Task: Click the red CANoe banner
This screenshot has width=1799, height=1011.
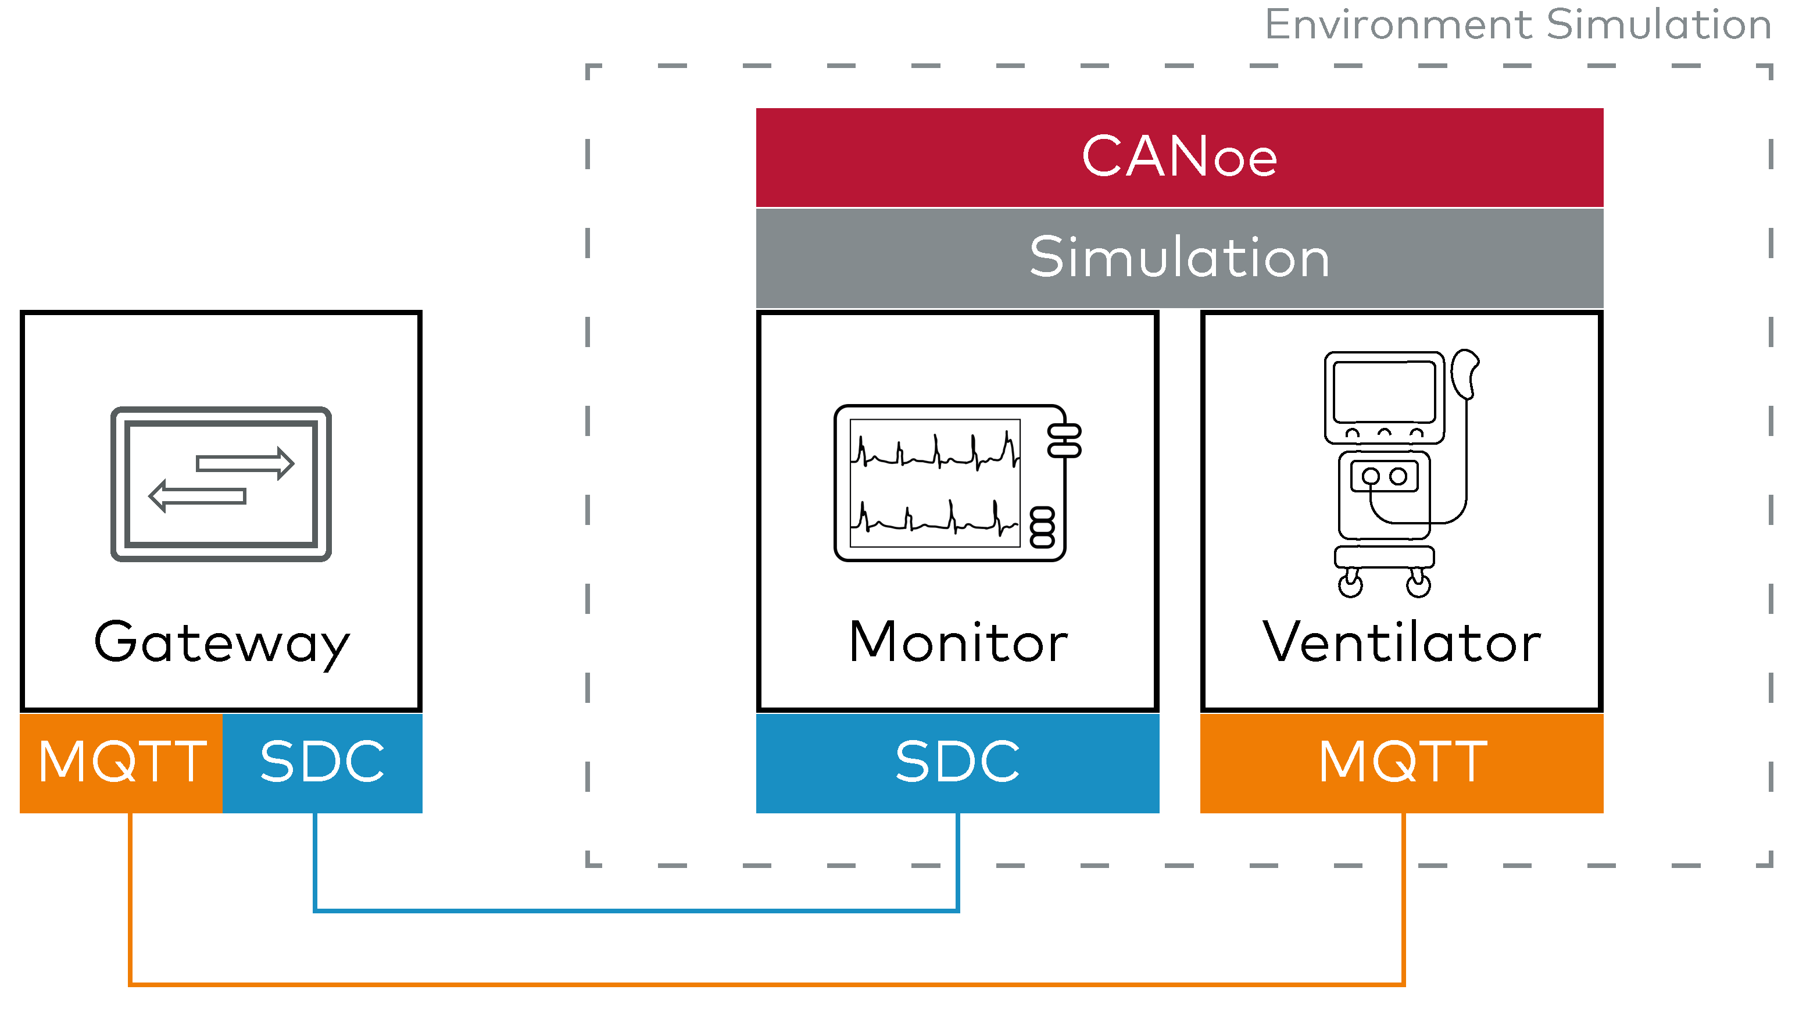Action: pyautogui.click(x=1179, y=156)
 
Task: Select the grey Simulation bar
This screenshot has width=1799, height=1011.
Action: pyautogui.click(x=1179, y=258)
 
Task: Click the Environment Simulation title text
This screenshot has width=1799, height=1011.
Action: pyautogui.click(x=1517, y=25)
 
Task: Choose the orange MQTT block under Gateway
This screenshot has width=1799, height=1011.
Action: pyautogui.click(x=121, y=762)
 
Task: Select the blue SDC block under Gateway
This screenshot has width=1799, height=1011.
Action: pyautogui.click(x=322, y=762)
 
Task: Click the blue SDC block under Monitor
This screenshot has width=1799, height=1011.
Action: pyautogui.click(x=957, y=762)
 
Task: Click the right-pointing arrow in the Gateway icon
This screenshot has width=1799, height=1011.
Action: pyautogui.click(x=245, y=463)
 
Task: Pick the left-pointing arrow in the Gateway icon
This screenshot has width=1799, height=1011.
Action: pyautogui.click(x=198, y=496)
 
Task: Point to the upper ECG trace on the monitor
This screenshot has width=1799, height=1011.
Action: pyautogui.click(x=935, y=452)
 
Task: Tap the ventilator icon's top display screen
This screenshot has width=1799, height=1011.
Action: pyautogui.click(x=1383, y=392)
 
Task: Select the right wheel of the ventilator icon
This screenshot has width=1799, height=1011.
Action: pyautogui.click(x=1418, y=585)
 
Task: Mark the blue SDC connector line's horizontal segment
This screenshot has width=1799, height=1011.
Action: pyautogui.click(x=635, y=910)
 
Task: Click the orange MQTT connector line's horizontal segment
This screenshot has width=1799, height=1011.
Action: pyautogui.click(x=768, y=984)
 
